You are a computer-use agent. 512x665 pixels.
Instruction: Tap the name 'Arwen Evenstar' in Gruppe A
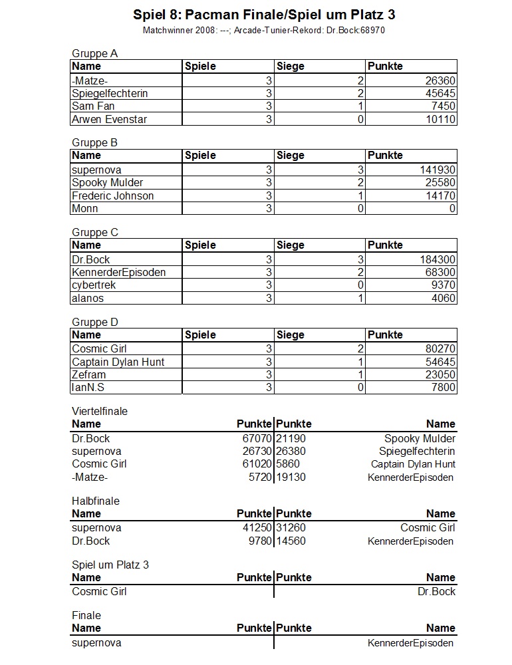[x=110, y=120]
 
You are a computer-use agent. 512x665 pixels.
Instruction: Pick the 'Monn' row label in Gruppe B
[x=85, y=209]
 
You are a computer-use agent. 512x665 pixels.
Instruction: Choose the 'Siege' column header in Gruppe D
[x=290, y=335]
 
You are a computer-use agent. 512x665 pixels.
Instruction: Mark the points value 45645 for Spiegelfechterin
[x=440, y=94]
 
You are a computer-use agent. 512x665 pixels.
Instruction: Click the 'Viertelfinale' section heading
[x=100, y=412]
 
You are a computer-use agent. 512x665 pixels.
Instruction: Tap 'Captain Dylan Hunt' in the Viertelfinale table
[x=413, y=464]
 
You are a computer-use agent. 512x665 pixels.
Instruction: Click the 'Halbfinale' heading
[x=96, y=501]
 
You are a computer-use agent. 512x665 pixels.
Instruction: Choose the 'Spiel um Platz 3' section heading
[x=110, y=565]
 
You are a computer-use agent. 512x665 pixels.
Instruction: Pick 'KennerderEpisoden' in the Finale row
[x=410, y=643]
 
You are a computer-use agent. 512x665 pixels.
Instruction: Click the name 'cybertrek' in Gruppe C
[x=94, y=285]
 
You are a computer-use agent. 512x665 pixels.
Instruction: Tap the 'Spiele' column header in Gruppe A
[x=200, y=66]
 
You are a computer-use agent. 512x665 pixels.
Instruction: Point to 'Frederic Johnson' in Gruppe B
[x=112, y=196]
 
